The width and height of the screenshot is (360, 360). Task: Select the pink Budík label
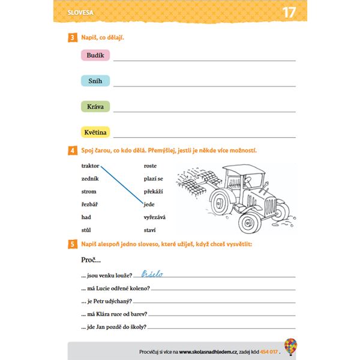coord(95,55)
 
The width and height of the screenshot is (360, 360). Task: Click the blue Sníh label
coord(95,80)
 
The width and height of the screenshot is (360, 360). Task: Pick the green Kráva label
coord(95,106)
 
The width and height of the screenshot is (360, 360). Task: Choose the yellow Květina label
coord(95,132)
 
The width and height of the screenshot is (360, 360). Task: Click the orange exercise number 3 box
coord(72,38)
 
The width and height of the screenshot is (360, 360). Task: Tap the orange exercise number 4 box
coord(72,151)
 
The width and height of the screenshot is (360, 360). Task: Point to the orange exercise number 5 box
coord(72,244)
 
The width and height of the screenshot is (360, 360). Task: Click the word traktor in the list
coord(90,165)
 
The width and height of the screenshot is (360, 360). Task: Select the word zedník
coord(90,178)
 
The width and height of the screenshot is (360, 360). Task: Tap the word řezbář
coord(90,205)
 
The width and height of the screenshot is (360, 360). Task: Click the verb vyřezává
coord(154,217)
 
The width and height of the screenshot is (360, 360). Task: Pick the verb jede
coord(149,205)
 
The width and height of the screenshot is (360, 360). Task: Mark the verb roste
coord(150,165)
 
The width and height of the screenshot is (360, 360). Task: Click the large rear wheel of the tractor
coord(250,221)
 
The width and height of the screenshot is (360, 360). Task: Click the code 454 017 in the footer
coord(268,351)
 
